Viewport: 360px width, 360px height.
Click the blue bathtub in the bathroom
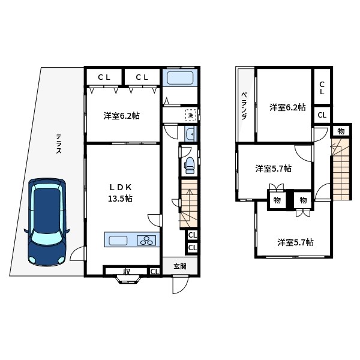pyautogui.click(x=178, y=79)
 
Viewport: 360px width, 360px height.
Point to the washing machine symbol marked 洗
pyautogui.click(x=190, y=115)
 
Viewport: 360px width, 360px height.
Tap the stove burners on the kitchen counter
pyautogui.click(x=146, y=240)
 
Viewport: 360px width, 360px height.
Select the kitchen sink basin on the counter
pyautogui.click(x=118, y=240)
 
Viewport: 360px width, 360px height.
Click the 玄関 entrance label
pyautogui.click(x=180, y=266)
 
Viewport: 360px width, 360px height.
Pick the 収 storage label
pyautogui.click(x=127, y=272)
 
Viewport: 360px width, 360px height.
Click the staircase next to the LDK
pyautogui.click(x=188, y=204)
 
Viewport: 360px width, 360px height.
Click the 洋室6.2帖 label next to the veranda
pyautogui.click(x=287, y=107)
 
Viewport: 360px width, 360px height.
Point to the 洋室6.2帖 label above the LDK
pyautogui.click(x=121, y=115)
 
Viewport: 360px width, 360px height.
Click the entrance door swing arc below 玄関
pyautogui.click(x=179, y=286)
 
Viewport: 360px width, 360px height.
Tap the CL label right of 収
pyautogui.click(x=154, y=272)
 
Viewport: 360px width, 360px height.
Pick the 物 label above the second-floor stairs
pyautogui.click(x=340, y=131)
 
